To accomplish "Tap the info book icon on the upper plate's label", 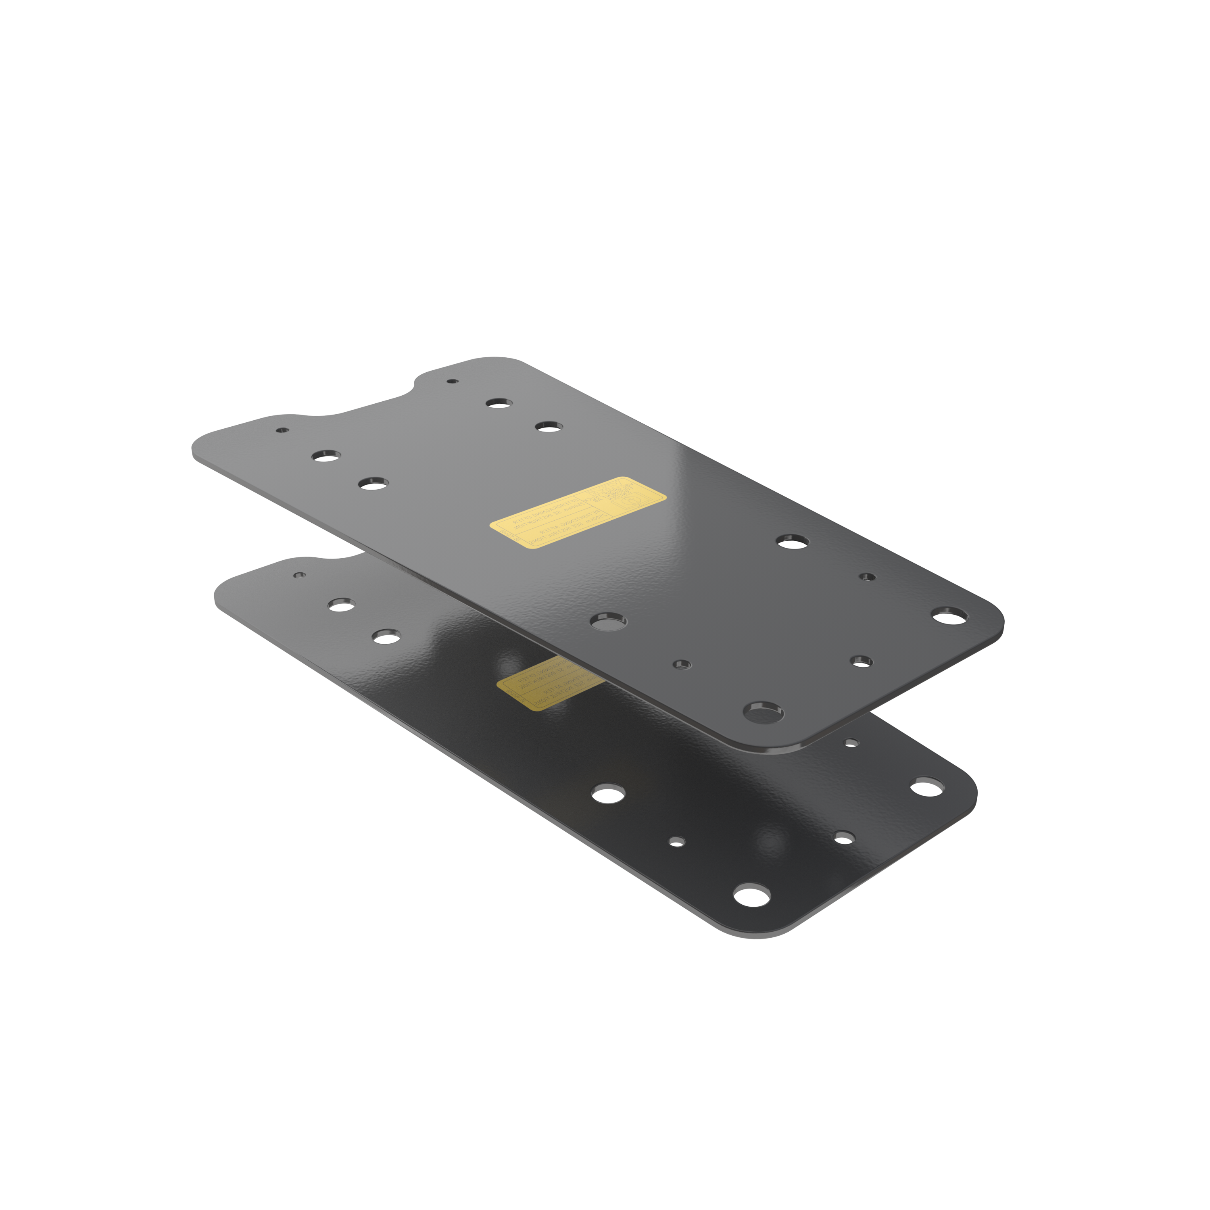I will [631, 501].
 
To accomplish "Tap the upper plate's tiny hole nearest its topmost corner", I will [452, 381].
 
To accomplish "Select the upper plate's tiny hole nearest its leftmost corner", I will [282, 431].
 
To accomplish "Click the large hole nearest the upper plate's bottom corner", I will [763, 711].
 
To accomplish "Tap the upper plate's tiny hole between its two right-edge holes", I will [867, 576].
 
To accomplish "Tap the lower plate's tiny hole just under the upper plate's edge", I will [851, 743].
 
